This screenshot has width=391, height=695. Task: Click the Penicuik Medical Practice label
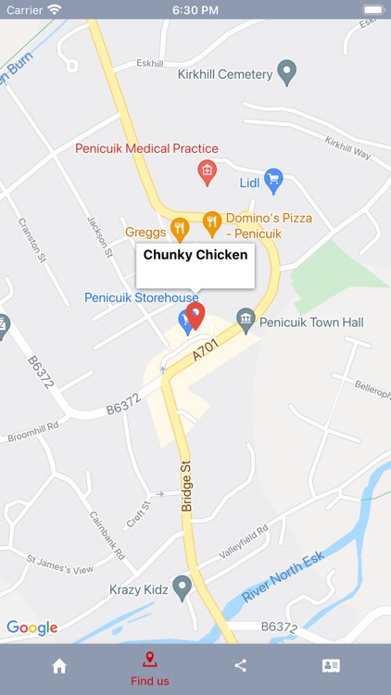click(x=146, y=148)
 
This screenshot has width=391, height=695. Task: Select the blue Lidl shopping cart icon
click(x=272, y=180)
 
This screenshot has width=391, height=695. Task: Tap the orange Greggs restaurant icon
click(x=180, y=228)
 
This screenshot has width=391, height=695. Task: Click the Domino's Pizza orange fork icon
click(x=211, y=221)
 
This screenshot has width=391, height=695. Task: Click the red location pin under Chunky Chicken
click(x=195, y=316)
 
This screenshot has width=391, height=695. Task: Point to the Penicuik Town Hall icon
click(x=246, y=322)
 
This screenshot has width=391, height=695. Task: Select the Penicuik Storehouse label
click(x=141, y=297)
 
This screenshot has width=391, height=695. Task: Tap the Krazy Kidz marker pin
click(x=182, y=587)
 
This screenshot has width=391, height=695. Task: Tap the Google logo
click(x=32, y=627)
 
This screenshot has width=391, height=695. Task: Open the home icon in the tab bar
click(x=59, y=665)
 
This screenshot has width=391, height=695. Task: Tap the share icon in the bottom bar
click(x=241, y=665)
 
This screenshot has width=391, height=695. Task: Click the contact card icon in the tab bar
click(x=331, y=665)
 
